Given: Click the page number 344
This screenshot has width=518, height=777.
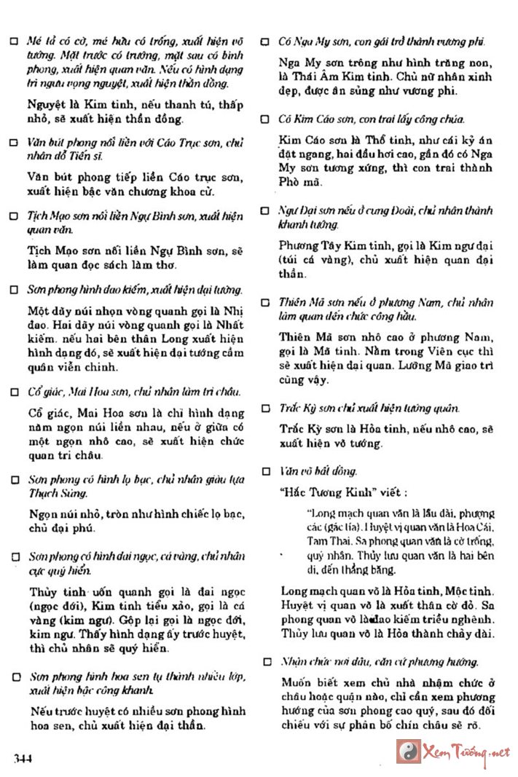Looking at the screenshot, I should [24, 758].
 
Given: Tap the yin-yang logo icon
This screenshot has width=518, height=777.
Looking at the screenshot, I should [408, 750].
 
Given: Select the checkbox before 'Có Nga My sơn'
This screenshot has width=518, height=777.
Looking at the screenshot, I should [267, 42].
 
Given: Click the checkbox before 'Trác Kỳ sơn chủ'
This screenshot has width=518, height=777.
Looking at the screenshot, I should [267, 409].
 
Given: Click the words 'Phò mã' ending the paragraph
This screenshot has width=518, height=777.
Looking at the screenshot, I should [296, 189].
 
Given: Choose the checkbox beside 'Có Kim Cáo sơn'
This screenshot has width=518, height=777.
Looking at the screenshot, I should [267, 119].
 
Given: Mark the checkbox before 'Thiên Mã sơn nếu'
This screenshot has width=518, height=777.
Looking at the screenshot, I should [267, 302].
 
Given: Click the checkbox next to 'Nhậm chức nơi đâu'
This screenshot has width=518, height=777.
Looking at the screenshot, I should [267, 663].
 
